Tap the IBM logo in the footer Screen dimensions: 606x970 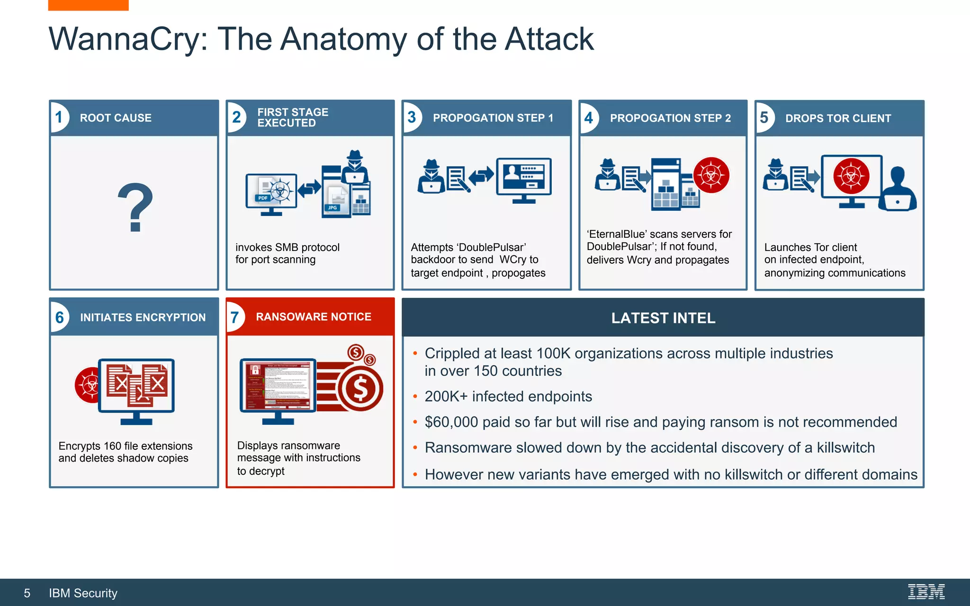926,592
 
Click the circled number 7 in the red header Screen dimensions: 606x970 235,317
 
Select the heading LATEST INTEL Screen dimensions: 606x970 663,318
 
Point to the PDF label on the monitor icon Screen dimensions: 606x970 263,198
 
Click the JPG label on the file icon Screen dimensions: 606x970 332,207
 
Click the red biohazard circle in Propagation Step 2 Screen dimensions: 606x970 711,175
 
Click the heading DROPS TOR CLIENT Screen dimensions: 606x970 838,118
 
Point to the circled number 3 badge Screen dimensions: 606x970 412,117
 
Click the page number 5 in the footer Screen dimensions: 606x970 27,593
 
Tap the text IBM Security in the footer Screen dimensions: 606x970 83,593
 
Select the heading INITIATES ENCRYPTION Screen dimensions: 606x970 143,317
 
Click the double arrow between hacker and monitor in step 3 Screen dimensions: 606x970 481,176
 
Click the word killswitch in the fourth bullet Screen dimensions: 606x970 845,447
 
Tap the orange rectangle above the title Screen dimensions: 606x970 88,5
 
